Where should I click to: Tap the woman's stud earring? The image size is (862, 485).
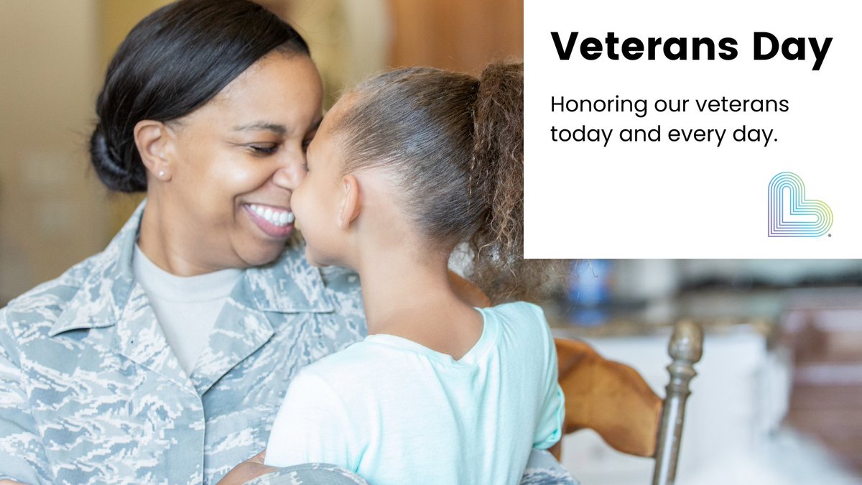tap(161, 174)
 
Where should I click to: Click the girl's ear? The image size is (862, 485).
tap(349, 202)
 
